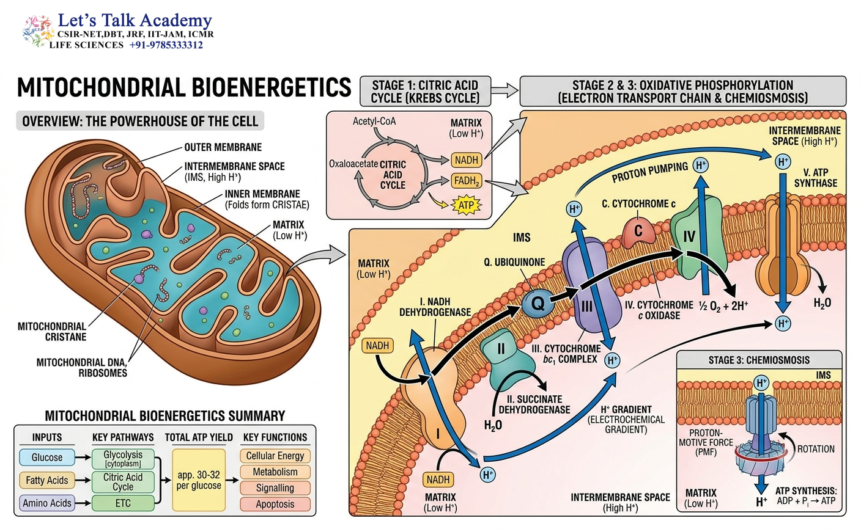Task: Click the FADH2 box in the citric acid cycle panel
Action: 466,180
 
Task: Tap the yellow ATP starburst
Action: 466,205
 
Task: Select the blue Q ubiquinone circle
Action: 538,303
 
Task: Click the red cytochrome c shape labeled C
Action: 638,232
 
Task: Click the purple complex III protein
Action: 590,284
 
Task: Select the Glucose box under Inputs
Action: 47,457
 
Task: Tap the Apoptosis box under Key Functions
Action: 275,504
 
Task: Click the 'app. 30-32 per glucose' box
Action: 199,480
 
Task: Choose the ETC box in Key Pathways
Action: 123,503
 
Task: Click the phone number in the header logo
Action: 166,45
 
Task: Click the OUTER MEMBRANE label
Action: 223,147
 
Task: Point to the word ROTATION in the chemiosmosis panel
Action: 816,449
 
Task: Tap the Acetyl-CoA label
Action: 374,122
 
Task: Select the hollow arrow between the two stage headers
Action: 504,90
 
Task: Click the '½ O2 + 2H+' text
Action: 723,307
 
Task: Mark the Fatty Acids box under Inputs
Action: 47,480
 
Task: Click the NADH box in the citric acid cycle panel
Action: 466,160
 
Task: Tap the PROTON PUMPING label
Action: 649,172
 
